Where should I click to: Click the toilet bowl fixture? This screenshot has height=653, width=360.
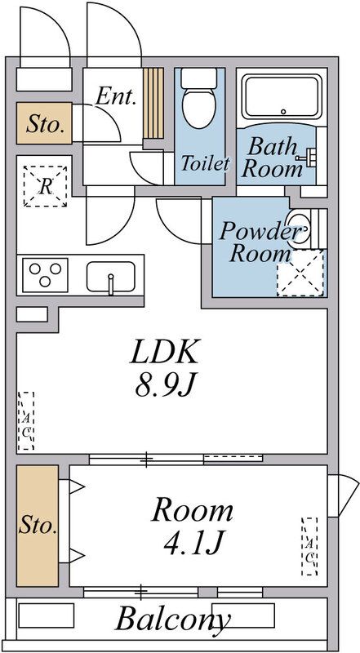coord(199,99)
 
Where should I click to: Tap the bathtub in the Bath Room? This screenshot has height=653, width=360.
coord(282,96)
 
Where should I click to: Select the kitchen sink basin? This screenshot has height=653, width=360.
coord(111,277)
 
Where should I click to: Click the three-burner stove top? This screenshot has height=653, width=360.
coord(45,275)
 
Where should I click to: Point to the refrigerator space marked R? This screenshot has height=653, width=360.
coord(46,186)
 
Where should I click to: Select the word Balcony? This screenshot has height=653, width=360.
coord(172,620)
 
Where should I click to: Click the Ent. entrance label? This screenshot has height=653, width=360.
coord(116,96)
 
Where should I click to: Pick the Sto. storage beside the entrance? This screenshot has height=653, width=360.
coord(44,124)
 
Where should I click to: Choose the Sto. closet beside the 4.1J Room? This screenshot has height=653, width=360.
coord(38,526)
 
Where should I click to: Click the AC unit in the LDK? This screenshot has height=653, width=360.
coord(26,420)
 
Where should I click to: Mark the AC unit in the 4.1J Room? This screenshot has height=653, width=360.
coord(309,546)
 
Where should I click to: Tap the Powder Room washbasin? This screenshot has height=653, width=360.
coord(299,229)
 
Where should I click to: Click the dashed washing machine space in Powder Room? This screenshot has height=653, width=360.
coord(300,273)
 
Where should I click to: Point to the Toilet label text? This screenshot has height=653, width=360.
coord(205,163)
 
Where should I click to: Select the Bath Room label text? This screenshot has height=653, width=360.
coord(273,158)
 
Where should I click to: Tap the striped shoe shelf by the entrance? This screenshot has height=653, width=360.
coord(153,103)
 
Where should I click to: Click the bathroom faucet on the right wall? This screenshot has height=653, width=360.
coord(304,157)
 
